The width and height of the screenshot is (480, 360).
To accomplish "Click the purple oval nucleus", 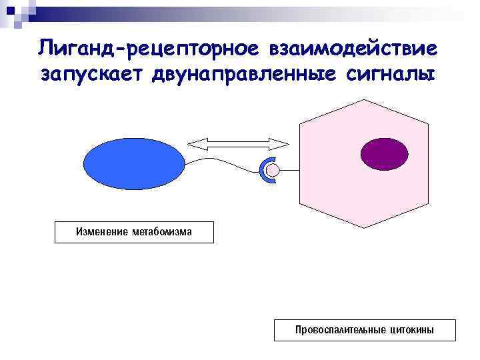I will tap(379, 154).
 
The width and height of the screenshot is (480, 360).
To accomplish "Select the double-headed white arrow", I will tap(238, 143).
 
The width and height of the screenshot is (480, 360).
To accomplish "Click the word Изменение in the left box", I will tap(102, 232).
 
